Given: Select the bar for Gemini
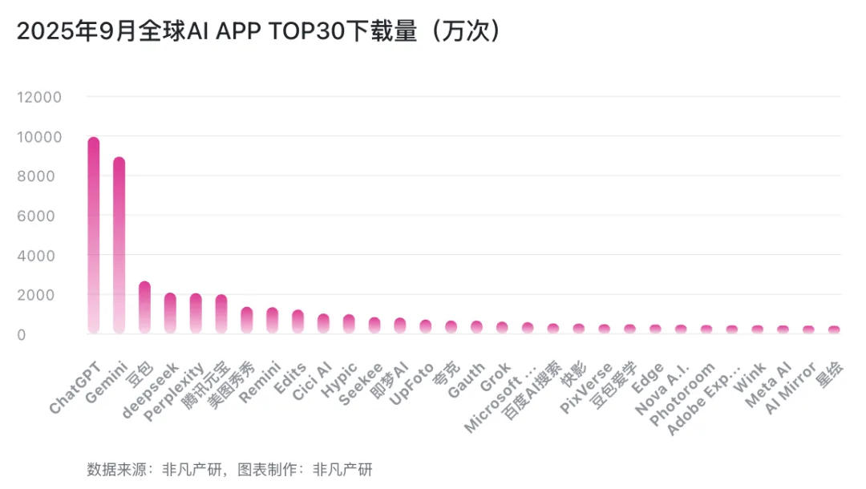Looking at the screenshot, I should (119, 244).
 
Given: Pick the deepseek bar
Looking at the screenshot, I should (170, 313).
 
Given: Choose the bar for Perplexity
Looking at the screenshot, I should (196, 313).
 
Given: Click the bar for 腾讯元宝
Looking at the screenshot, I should (221, 314).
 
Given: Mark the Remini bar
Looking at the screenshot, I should (273, 321).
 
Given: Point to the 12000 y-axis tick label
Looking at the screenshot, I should (39, 97).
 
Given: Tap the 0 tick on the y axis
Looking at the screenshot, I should (56, 333).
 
